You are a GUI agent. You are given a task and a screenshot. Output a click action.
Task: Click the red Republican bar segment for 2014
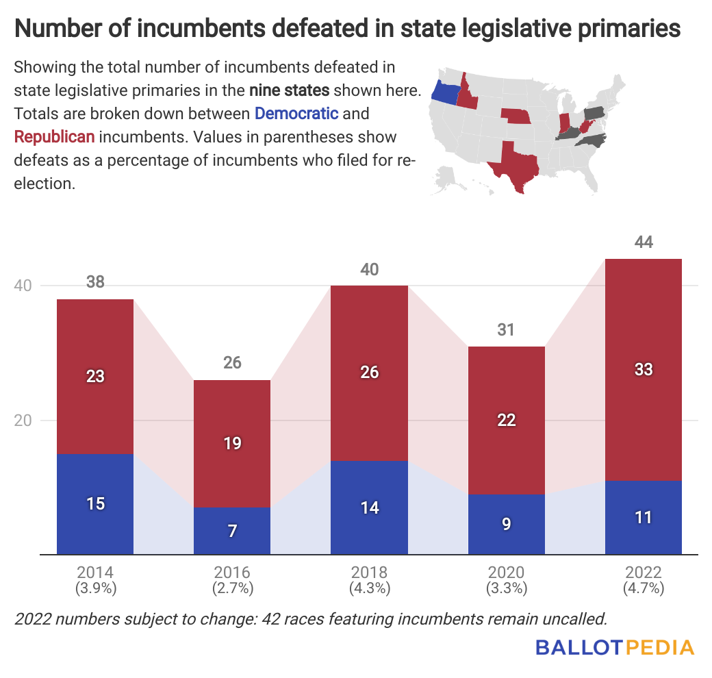click(x=95, y=377)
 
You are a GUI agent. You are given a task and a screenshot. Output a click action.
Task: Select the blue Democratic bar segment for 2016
click(x=232, y=531)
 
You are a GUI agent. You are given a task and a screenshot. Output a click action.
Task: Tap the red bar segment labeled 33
click(x=643, y=370)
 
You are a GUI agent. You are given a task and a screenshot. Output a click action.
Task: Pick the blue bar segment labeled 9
click(x=506, y=524)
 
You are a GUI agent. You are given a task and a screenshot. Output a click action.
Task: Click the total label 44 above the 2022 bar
click(x=644, y=242)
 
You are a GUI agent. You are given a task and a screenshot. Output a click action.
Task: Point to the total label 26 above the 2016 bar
click(x=232, y=363)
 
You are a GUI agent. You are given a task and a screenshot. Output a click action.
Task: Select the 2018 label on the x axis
click(x=369, y=573)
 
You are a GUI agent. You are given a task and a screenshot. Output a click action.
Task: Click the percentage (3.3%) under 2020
click(x=506, y=588)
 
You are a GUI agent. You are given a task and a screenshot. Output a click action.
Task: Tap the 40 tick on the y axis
click(x=24, y=286)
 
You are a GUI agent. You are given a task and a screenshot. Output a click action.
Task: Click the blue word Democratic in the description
click(x=296, y=113)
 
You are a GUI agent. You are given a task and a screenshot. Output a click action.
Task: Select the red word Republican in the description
click(x=54, y=136)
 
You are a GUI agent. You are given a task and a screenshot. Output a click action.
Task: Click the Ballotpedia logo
click(x=615, y=648)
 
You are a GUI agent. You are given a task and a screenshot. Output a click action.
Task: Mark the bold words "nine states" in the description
click(x=290, y=90)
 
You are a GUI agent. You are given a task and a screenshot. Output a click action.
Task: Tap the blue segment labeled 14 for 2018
click(x=369, y=507)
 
